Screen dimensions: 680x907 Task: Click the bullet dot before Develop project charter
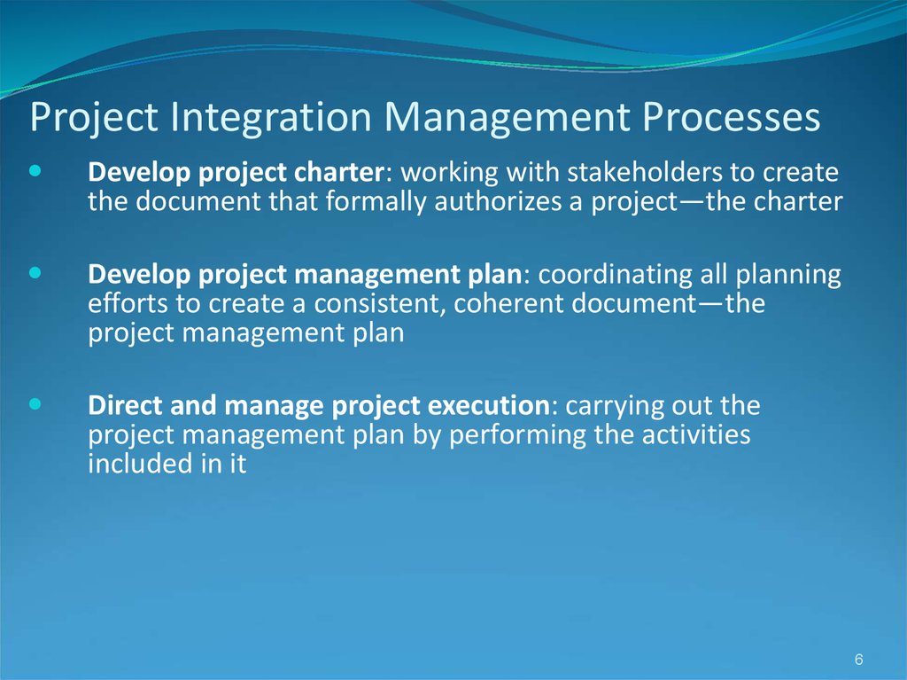(x=35, y=171)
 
